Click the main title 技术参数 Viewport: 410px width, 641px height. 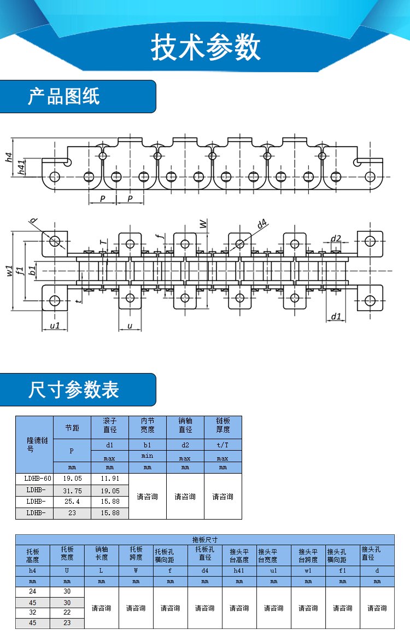coord(205,49)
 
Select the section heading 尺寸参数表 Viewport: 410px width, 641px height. coord(73,389)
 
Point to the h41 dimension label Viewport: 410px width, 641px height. coord(21,167)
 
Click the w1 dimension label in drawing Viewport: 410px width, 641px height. coord(9,270)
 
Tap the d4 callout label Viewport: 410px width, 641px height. coord(262,223)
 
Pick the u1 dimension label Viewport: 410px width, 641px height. coord(55,325)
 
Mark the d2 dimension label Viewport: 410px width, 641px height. coord(336,238)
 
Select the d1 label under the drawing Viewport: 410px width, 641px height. coord(336,316)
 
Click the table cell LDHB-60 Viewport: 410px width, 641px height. coord(34,478)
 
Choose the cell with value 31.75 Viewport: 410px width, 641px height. coord(72,491)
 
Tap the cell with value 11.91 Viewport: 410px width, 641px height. coord(110,478)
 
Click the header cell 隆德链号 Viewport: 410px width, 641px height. coord(34,444)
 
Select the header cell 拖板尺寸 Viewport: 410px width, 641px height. coord(204,539)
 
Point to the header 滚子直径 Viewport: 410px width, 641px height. coord(110,426)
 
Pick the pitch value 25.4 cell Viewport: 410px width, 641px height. coord(72,501)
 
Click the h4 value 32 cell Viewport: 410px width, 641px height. coord(33,613)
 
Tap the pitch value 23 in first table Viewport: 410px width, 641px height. coord(72,513)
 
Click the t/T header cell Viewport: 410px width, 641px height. coord(222,445)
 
